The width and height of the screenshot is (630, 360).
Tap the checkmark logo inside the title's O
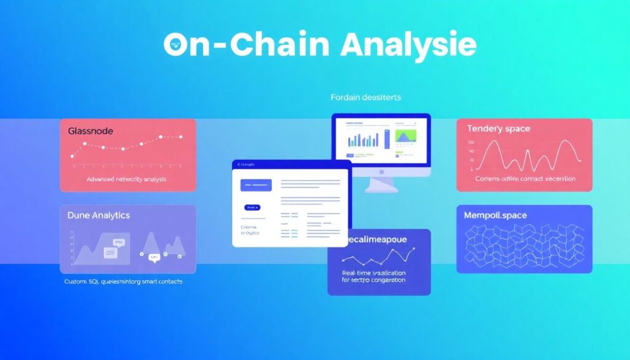[x=177, y=46]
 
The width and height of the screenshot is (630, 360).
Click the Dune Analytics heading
[x=98, y=216]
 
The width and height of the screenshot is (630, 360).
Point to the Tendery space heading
[x=498, y=129]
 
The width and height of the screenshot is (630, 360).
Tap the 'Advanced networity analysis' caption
[x=127, y=179]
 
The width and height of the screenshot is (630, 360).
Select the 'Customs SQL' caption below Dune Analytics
[x=123, y=281]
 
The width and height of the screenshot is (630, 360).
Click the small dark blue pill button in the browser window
[x=252, y=208]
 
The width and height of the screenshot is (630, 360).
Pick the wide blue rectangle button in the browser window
[x=256, y=184]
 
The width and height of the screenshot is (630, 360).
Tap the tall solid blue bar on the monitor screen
[x=386, y=138]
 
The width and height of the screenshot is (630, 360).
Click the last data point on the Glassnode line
[x=181, y=137]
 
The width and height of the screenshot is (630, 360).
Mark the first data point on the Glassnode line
[x=73, y=156]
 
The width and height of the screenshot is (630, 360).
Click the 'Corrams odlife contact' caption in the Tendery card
[x=525, y=178]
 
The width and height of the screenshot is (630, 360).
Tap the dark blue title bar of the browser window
[x=292, y=164]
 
